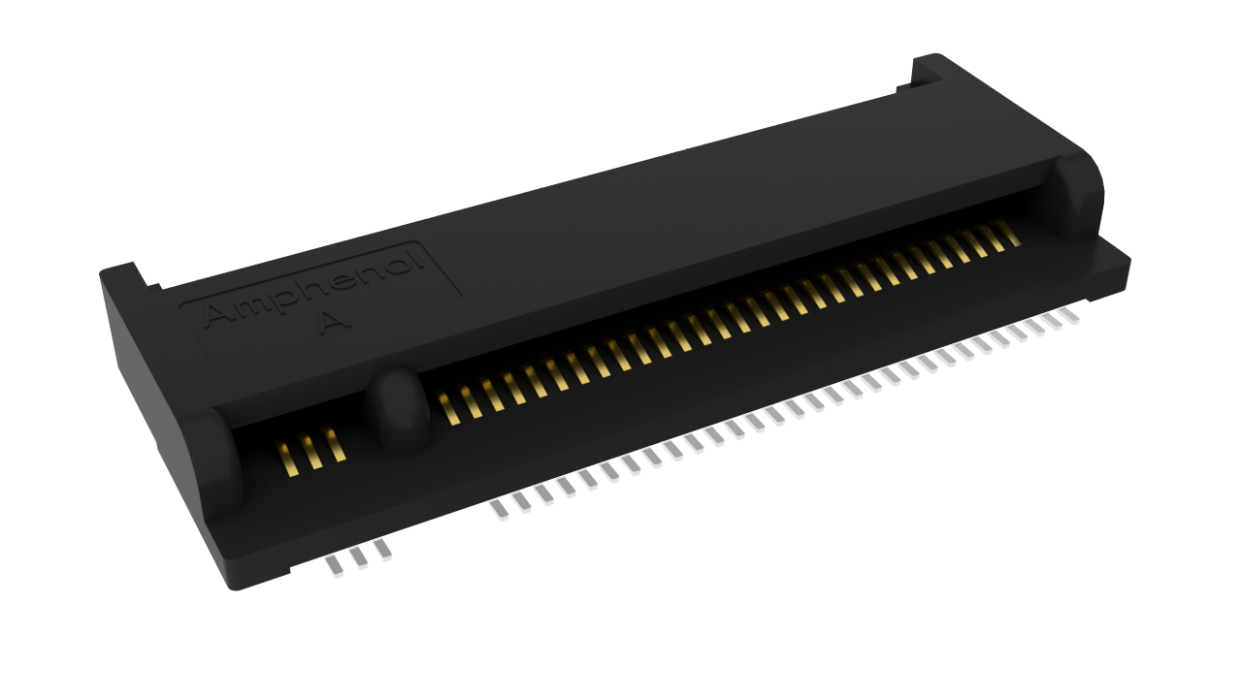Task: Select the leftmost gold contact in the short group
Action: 286,458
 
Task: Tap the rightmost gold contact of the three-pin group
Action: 335,444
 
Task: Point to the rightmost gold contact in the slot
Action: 1008,234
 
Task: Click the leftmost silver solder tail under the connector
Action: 334,567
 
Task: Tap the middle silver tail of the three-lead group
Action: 358,558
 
